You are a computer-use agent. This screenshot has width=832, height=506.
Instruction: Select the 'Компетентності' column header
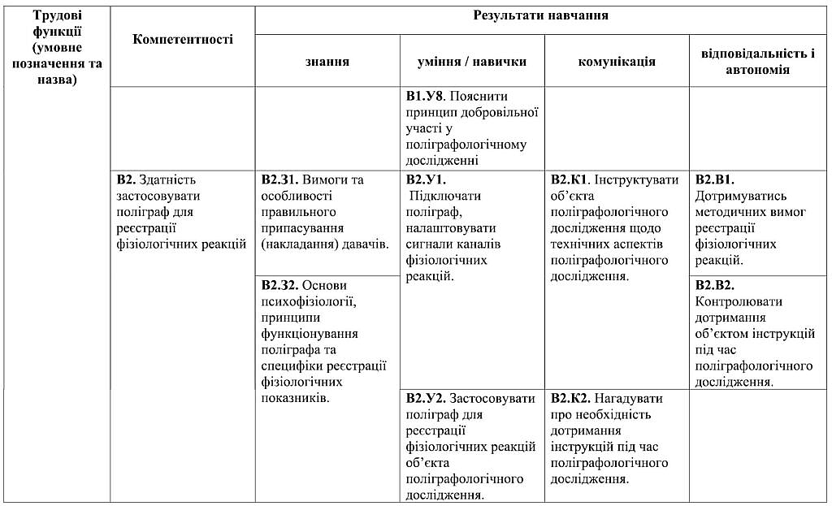pyautogui.click(x=182, y=39)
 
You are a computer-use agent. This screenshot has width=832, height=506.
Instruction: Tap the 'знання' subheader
pyautogui.click(x=327, y=62)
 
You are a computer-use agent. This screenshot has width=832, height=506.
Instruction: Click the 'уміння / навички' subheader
pyautogui.click(x=472, y=62)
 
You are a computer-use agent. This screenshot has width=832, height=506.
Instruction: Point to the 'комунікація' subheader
pyautogui.click(x=616, y=62)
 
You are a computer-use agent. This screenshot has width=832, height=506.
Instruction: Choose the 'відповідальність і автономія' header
pyautogui.click(x=757, y=62)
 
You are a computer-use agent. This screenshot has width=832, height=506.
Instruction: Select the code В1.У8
pyautogui.click(x=424, y=95)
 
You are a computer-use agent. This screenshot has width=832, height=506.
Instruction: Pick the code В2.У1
pyautogui.click(x=425, y=179)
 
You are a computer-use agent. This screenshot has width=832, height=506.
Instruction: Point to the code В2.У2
pyautogui.click(x=425, y=399)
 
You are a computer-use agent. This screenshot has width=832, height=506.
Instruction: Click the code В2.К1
pyautogui.click(x=570, y=179)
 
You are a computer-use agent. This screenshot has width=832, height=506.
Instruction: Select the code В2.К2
pyautogui.click(x=570, y=399)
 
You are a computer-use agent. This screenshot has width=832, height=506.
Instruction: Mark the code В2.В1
pyautogui.click(x=715, y=179)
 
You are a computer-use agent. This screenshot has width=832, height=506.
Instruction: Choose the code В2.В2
pyautogui.click(x=715, y=285)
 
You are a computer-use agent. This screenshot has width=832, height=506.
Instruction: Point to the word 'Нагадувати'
pyautogui.click(x=628, y=399)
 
